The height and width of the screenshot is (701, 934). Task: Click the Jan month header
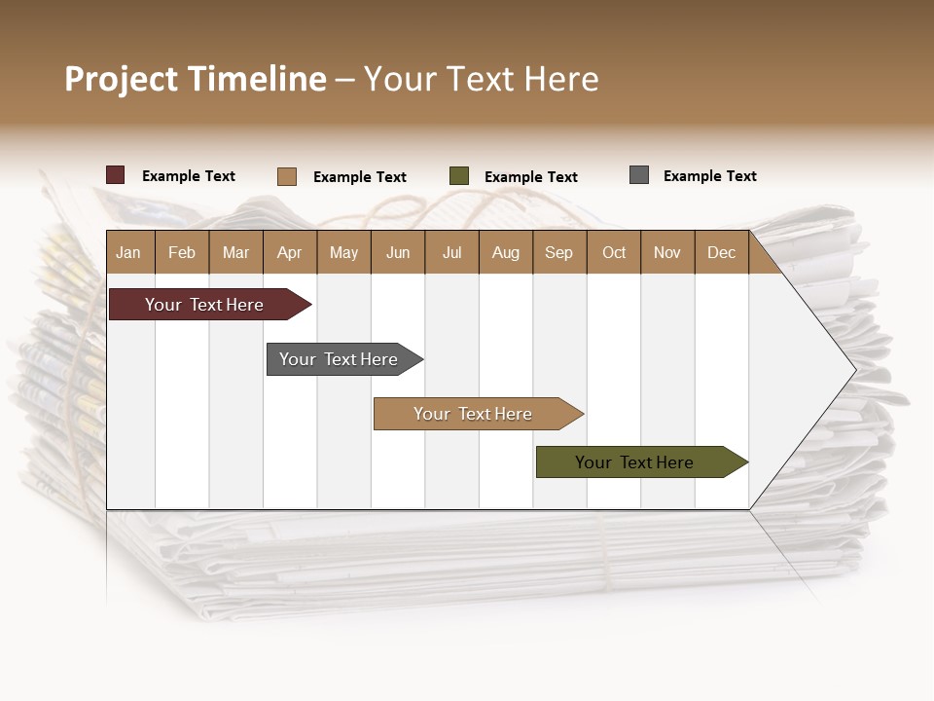128,252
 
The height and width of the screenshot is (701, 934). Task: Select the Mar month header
235,252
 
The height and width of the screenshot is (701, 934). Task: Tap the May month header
343,252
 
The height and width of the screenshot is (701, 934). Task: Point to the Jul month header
451,252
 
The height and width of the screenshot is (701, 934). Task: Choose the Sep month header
558,252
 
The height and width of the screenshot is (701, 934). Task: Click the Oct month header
614,252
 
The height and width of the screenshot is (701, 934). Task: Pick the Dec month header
721,252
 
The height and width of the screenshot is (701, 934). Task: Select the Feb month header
182,252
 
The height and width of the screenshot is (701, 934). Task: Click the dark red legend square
116,175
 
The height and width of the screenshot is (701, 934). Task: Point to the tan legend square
287,176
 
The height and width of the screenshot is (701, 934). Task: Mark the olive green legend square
459,176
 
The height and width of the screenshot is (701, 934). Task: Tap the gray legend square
639,175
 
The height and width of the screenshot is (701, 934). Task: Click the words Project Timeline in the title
196,79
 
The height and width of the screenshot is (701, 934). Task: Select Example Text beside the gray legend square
709,176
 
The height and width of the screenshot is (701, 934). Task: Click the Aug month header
506,252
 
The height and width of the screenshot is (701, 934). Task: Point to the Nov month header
667,252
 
